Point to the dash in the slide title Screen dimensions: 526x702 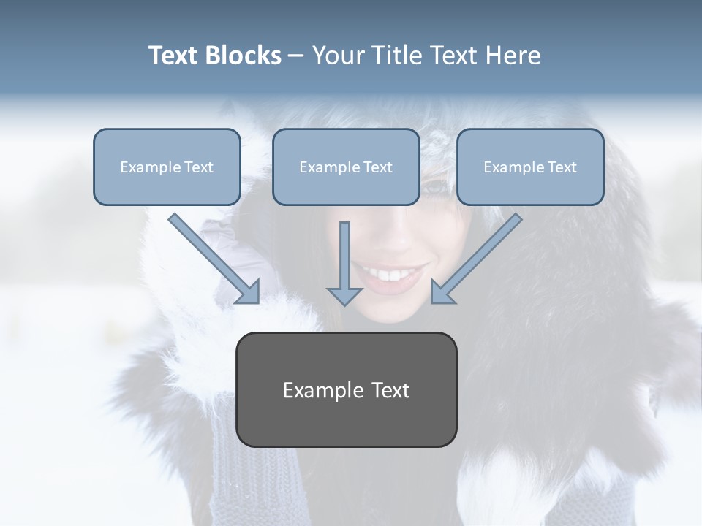pyautogui.click(x=296, y=56)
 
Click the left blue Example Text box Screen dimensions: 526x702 pyautogui.click(x=167, y=167)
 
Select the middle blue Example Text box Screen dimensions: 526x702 pyautogui.click(x=346, y=167)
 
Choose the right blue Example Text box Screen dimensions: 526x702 pyautogui.click(x=530, y=167)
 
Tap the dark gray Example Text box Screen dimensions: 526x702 pyautogui.click(x=346, y=389)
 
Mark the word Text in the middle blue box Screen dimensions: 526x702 pyautogui.click(x=377, y=167)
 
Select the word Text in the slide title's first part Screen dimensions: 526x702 pyautogui.click(x=174, y=56)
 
